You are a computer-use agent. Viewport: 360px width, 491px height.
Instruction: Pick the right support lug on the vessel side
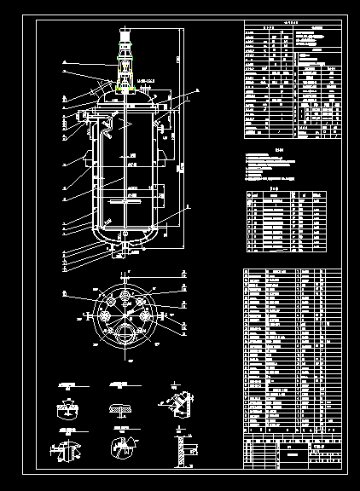[163, 115]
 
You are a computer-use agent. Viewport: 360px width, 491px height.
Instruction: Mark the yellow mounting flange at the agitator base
[125, 84]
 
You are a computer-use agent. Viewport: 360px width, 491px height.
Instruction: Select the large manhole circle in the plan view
[125, 333]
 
